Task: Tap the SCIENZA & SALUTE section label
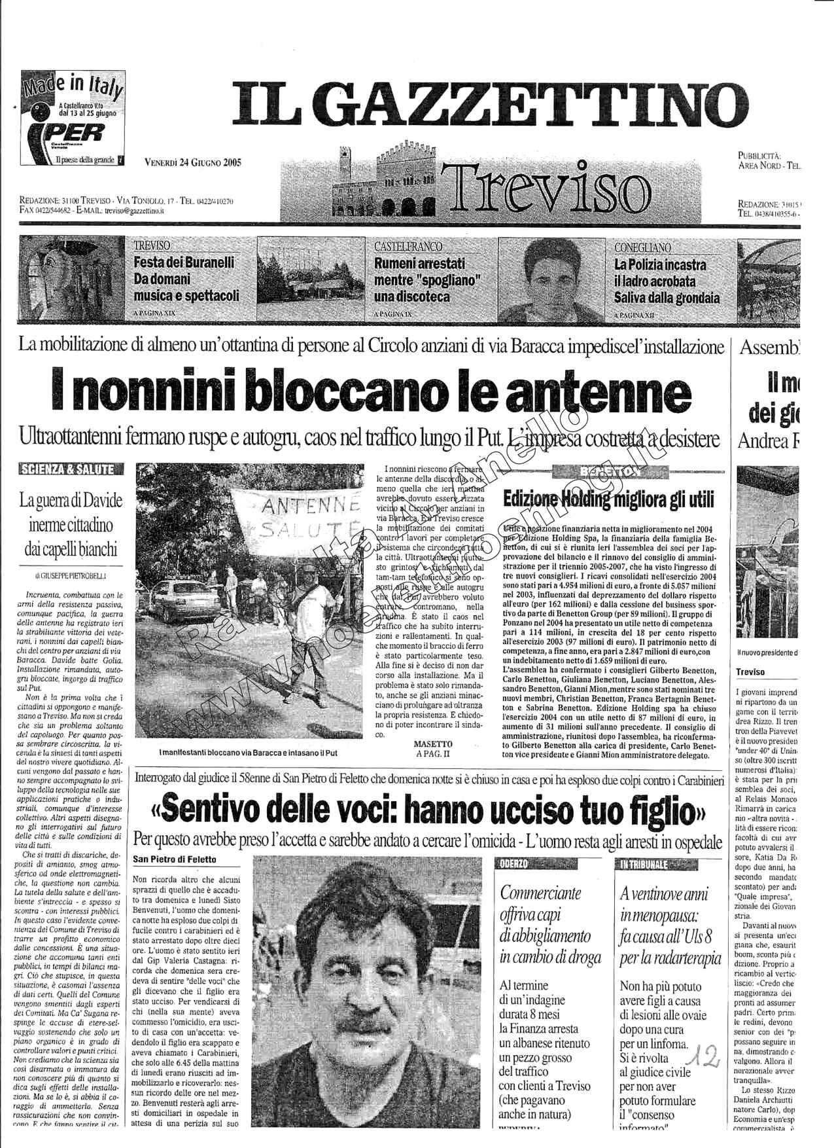point(71,469)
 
